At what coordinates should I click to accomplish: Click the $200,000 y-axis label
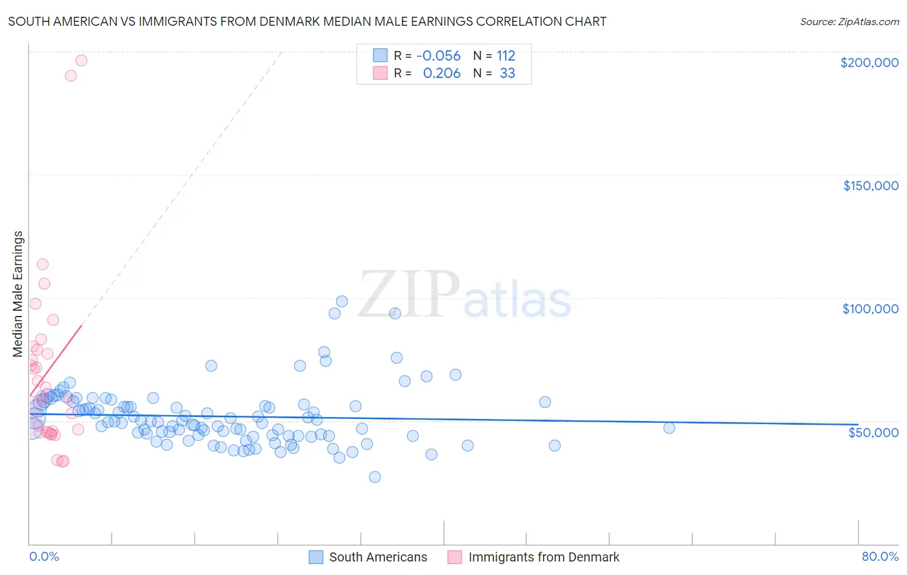[x=869, y=63]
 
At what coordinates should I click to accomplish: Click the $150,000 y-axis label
[x=870, y=186]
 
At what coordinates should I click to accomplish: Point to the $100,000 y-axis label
[x=870, y=309]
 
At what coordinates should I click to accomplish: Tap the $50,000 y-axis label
[x=873, y=432]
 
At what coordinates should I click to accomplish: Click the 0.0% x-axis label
[x=44, y=556]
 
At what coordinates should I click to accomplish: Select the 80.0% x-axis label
[x=880, y=556]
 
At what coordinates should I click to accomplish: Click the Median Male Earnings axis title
[x=18, y=293]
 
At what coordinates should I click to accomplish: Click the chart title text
[x=307, y=21]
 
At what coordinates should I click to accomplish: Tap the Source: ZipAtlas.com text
[x=849, y=21]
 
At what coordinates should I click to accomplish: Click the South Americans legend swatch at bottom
[x=315, y=557]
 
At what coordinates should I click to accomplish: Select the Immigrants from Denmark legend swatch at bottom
[x=455, y=557]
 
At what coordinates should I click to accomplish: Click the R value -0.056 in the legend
[x=439, y=55]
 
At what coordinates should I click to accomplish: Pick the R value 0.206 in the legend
[x=442, y=73]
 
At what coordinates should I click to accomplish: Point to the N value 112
[x=506, y=55]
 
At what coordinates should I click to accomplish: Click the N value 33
[x=508, y=73]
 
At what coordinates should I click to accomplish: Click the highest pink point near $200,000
[x=81, y=60]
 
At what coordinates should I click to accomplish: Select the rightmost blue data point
[x=669, y=427]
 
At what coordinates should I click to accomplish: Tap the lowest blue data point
[x=375, y=477]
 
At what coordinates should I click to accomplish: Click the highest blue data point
[x=342, y=301]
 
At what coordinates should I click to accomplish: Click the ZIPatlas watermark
[x=464, y=295]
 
